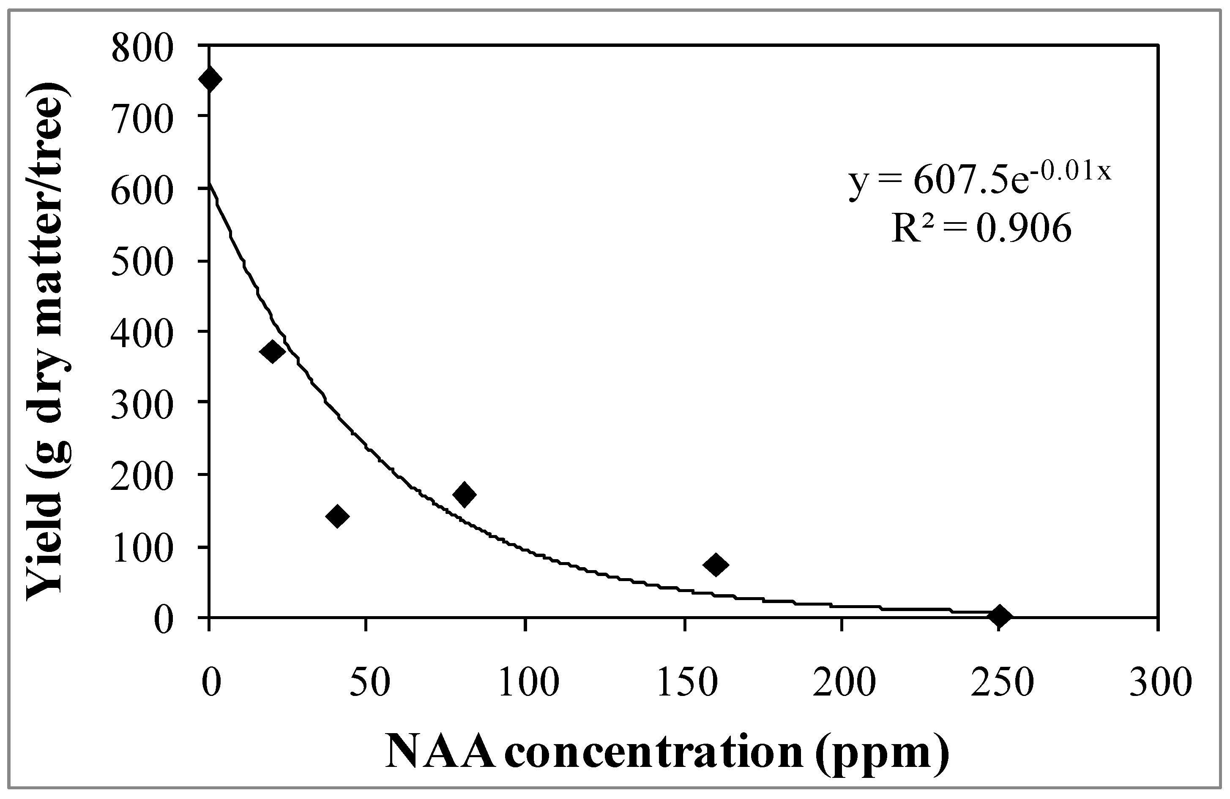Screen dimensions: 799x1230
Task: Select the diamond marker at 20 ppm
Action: (x=273, y=352)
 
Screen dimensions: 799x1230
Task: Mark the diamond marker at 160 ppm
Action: (x=716, y=564)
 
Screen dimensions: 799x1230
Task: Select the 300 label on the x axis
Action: (x=1159, y=683)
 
